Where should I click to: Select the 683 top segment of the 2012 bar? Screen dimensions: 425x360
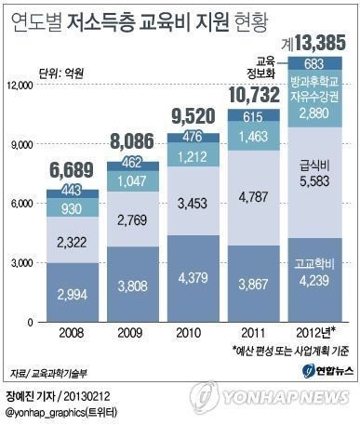pyautogui.click(x=314, y=62)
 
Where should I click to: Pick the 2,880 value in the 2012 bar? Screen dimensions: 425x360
pyautogui.click(x=314, y=111)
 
